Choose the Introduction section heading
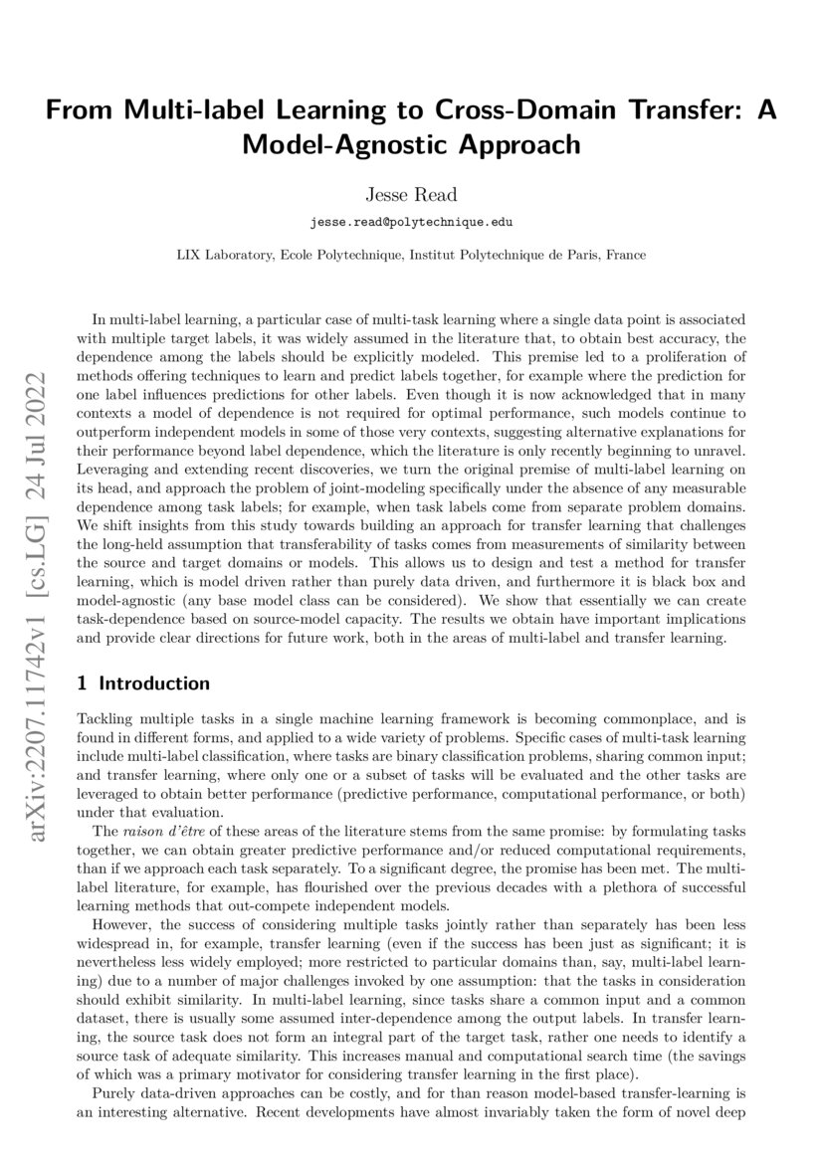pyautogui.click(x=155, y=683)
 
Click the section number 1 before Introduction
pyautogui.click(x=82, y=683)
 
